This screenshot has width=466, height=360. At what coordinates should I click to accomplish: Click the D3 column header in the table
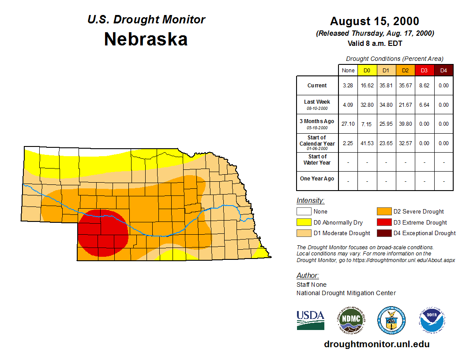(x=424, y=70)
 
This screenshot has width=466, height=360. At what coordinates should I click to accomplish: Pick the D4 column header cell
(x=443, y=70)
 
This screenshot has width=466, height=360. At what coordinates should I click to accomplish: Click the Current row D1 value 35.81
(x=386, y=86)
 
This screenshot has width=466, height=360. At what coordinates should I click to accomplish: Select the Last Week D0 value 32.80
(x=367, y=105)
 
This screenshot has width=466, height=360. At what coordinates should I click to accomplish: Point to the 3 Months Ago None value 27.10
(x=348, y=124)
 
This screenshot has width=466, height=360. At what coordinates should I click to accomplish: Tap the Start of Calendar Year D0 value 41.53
(x=367, y=143)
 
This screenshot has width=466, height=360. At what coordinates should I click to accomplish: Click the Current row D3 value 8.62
(x=424, y=86)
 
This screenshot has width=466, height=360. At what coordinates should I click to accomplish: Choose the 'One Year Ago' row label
(x=317, y=179)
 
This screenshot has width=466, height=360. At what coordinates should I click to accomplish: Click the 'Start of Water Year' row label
(x=317, y=159)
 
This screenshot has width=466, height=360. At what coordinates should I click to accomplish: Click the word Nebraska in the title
(x=146, y=39)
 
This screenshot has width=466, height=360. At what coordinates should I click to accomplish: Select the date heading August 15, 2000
(x=375, y=21)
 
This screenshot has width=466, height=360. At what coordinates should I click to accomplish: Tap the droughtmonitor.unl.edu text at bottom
(x=376, y=344)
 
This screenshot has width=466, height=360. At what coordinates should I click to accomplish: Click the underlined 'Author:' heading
(x=308, y=276)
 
